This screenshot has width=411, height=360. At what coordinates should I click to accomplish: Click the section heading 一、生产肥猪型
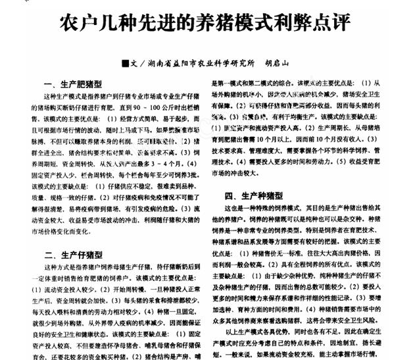click(72, 85)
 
